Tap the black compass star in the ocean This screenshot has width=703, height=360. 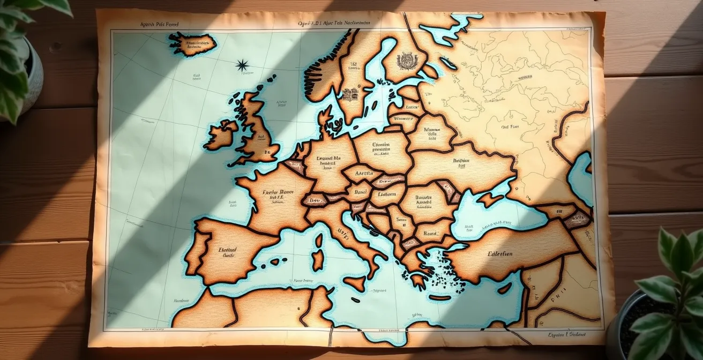[242, 65]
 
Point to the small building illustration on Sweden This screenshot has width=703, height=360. [349, 95]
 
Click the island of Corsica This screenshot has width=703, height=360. [319, 241]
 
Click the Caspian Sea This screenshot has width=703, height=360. [580, 177]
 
